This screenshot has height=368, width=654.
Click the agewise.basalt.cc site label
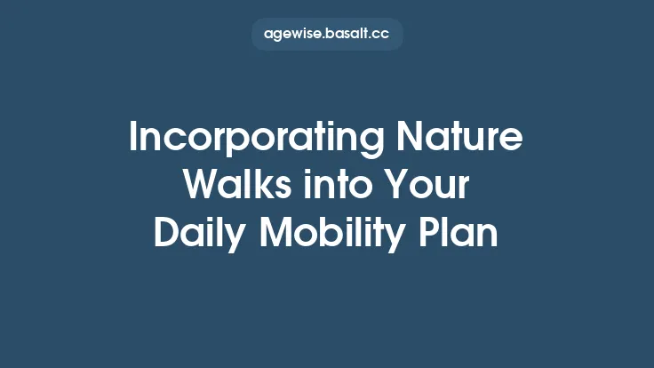[327, 35]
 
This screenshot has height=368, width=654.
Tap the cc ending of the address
[381, 35]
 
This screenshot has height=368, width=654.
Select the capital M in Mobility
[275, 234]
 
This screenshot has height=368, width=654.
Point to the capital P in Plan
[429, 234]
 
